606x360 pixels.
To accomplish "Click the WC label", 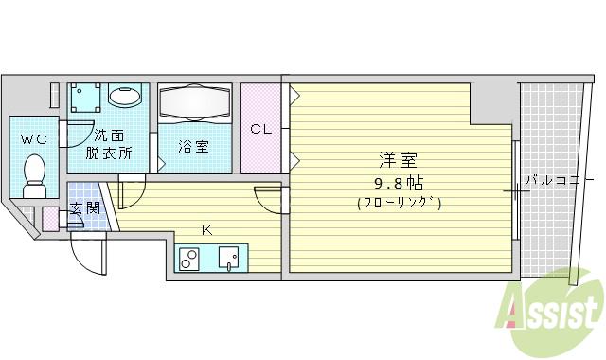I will click(34, 139).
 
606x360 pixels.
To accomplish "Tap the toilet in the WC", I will click(35, 176).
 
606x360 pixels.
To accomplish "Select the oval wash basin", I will click(125, 96).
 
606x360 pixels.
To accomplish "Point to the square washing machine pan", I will click(88, 97).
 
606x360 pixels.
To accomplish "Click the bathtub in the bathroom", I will click(196, 103).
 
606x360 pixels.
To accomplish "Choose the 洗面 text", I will click(109, 134).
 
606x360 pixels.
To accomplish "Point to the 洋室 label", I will click(398, 160).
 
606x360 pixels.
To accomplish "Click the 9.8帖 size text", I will click(398, 181).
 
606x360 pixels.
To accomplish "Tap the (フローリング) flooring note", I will click(399, 202).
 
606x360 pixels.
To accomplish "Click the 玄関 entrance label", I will click(83, 208).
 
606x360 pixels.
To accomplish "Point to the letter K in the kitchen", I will click(207, 229).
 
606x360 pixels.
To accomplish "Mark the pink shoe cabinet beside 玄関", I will click(50, 219).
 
